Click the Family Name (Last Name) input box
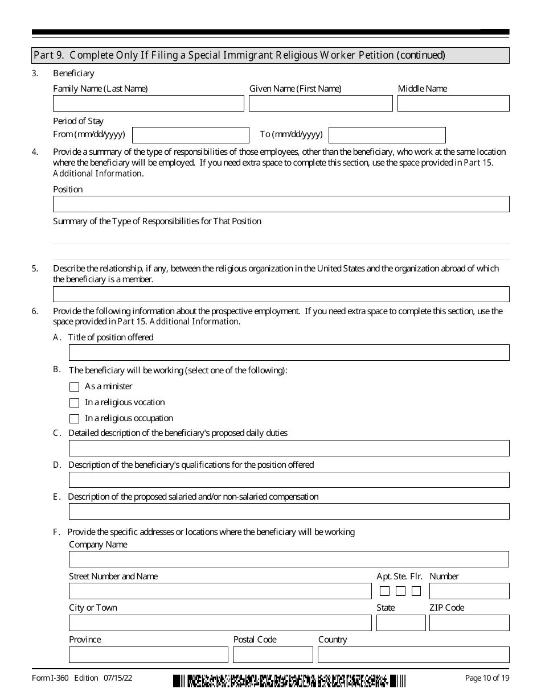coord(148,103)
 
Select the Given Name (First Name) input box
coord(321,103)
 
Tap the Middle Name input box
coord(453,103)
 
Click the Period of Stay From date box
coord(191,135)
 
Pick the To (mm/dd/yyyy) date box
coord(387,135)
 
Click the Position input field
coord(281,204)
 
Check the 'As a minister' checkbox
coord(74,387)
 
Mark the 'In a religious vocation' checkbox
coord(74,403)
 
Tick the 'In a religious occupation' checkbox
coord(74,419)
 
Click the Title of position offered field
coord(289,352)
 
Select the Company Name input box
coord(289,559)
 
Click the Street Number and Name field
coord(220,591)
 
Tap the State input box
coord(401,623)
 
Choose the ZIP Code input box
coord(469,623)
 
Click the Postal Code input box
coord(273,654)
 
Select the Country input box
coord(413,654)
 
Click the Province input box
coord(148,654)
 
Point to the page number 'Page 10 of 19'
coord(487,678)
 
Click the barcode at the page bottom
coord(290,681)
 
